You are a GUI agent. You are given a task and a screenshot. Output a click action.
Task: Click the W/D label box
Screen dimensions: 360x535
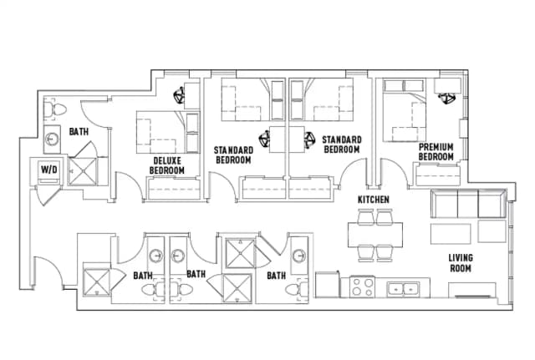(48, 169)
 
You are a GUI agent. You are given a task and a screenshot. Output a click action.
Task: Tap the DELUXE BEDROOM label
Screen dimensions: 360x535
(167, 165)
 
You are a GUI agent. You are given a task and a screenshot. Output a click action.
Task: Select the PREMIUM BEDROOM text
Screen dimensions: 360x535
(436, 152)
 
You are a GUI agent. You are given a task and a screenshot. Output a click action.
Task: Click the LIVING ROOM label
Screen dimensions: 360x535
(461, 263)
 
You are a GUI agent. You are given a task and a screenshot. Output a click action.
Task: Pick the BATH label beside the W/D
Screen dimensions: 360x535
(79, 131)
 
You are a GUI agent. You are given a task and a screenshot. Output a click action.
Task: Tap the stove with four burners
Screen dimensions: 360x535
(363, 286)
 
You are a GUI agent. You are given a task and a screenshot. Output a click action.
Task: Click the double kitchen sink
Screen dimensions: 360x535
(406, 289)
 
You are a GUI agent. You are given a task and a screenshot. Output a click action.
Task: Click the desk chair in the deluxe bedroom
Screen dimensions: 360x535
(181, 95)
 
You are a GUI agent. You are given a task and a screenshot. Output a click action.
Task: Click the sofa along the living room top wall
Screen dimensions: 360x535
(467, 204)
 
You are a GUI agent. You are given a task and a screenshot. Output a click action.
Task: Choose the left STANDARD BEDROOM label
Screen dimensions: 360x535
(232, 155)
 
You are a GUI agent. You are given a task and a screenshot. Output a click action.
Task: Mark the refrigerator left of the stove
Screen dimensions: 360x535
(327, 285)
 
